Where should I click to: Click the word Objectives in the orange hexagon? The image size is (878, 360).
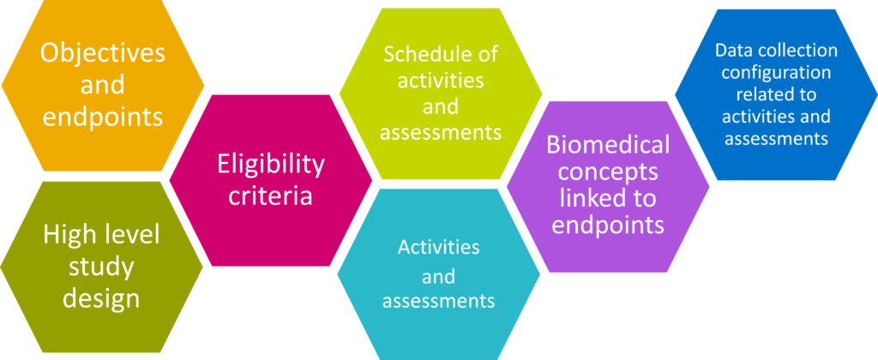coord(103,54)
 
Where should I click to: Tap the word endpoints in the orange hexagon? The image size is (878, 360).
coord(103,117)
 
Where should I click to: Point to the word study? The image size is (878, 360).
coord(101,267)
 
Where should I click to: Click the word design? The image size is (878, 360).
coord(101,298)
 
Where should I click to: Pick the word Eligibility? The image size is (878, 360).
coord(271,165)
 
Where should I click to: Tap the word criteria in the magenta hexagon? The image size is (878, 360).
coord(271,196)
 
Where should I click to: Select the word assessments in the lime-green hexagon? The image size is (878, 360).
coord(441,133)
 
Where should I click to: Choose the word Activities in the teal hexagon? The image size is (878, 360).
coord(438,247)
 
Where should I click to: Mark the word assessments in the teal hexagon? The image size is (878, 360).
coord(438,301)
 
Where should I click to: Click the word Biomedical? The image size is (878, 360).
coord(608,145)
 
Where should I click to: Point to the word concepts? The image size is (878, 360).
coord(608,172)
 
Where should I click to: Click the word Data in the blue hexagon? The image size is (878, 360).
coord(731,51)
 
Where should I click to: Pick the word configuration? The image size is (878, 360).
coord(776,73)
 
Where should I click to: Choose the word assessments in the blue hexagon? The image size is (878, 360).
coord(776,138)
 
